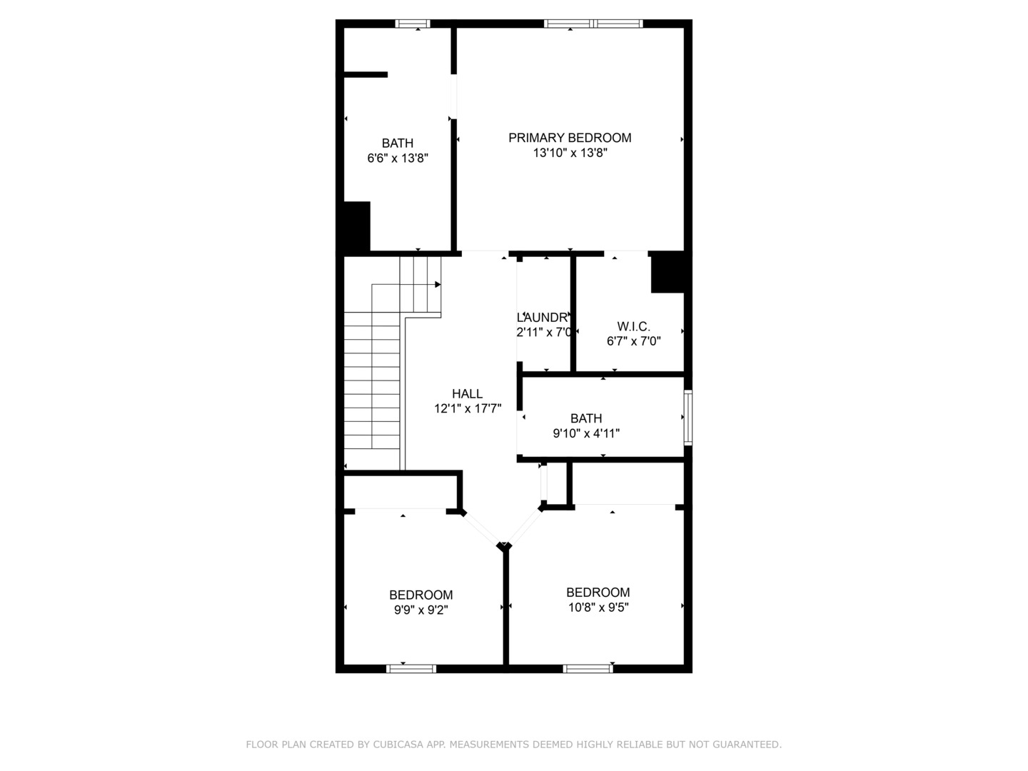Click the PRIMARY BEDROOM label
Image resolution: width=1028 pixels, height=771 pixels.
[x=570, y=138]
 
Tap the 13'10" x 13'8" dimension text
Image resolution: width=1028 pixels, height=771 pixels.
[x=570, y=153]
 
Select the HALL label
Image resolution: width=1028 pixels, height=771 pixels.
[x=467, y=393]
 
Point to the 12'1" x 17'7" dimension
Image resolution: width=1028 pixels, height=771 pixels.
[x=468, y=409]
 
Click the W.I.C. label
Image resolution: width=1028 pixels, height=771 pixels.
[x=633, y=326]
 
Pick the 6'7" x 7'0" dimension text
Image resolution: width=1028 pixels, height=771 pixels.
[x=633, y=341]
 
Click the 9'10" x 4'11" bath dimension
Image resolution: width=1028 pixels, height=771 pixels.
[x=586, y=433]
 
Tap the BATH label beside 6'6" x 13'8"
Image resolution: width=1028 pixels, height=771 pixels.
[x=397, y=143]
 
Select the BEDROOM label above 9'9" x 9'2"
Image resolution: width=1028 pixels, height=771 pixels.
[x=420, y=595]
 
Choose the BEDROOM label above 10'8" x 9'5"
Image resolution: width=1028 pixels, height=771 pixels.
[x=598, y=592]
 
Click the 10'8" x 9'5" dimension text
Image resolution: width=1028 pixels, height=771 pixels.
[x=598, y=608]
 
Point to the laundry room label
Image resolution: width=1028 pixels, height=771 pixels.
[x=543, y=317]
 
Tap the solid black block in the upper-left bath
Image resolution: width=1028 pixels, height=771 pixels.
[x=356, y=226]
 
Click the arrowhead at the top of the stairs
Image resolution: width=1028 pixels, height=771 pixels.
[x=438, y=284]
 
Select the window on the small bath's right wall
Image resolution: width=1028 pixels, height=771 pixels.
[x=687, y=418]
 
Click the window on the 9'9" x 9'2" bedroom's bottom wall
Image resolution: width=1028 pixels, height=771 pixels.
[x=410, y=669]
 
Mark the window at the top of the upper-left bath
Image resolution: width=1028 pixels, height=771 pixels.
[x=413, y=24]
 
